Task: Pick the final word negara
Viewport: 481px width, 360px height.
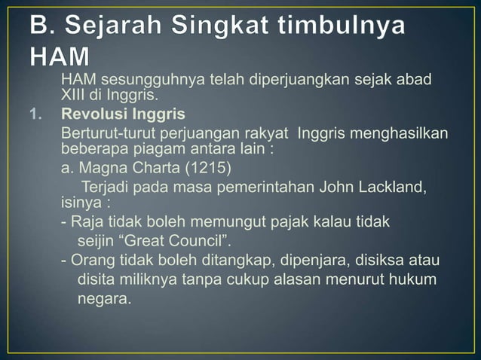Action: tap(103, 300)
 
